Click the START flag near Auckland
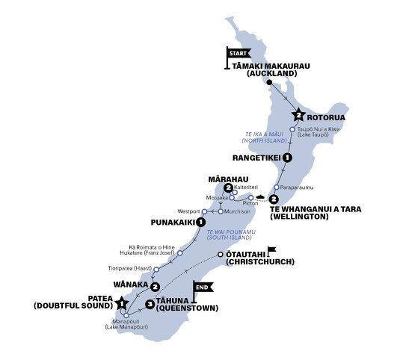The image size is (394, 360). click(237, 54)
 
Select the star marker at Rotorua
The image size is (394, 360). click(298, 115)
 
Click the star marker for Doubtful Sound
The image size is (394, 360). click(122, 303)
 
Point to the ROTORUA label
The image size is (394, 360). click(330, 116)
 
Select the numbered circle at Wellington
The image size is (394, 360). click(274, 199)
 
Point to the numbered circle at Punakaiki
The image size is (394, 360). click(200, 222)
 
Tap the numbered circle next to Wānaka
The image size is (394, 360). click(154, 287)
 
